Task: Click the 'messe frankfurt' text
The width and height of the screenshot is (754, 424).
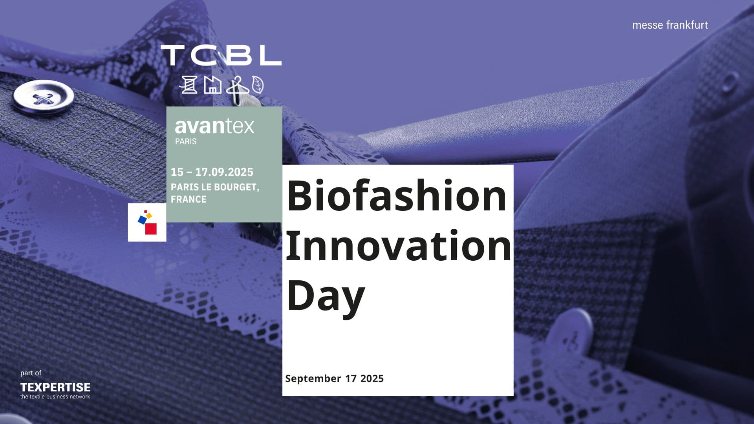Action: point(670,25)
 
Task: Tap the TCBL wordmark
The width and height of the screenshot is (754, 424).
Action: point(221,55)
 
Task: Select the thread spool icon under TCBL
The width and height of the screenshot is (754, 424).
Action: point(188,84)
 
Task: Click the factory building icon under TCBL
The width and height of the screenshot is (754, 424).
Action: point(212,85)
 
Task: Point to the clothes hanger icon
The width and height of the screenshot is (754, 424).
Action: point(238,90)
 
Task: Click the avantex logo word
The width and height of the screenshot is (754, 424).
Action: point(214,126)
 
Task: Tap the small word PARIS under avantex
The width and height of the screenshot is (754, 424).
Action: point(186,141)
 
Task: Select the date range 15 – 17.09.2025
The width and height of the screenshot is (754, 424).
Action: point(212,172)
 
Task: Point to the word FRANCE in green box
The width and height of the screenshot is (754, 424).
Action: point(188,199)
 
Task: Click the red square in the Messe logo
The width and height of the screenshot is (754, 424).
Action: point(151,229)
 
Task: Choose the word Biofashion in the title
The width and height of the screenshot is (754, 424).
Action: point(397,196)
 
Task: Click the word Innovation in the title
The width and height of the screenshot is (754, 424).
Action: point(399,245)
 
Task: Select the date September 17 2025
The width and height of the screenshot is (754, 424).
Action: point(334,378)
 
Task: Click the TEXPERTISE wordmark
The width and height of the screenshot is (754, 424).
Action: point(55,387)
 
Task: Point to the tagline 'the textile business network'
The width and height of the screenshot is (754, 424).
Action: point(55,397)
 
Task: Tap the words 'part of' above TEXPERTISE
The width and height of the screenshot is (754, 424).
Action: point(31,373)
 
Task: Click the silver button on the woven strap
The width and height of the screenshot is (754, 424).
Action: point(43,97)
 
